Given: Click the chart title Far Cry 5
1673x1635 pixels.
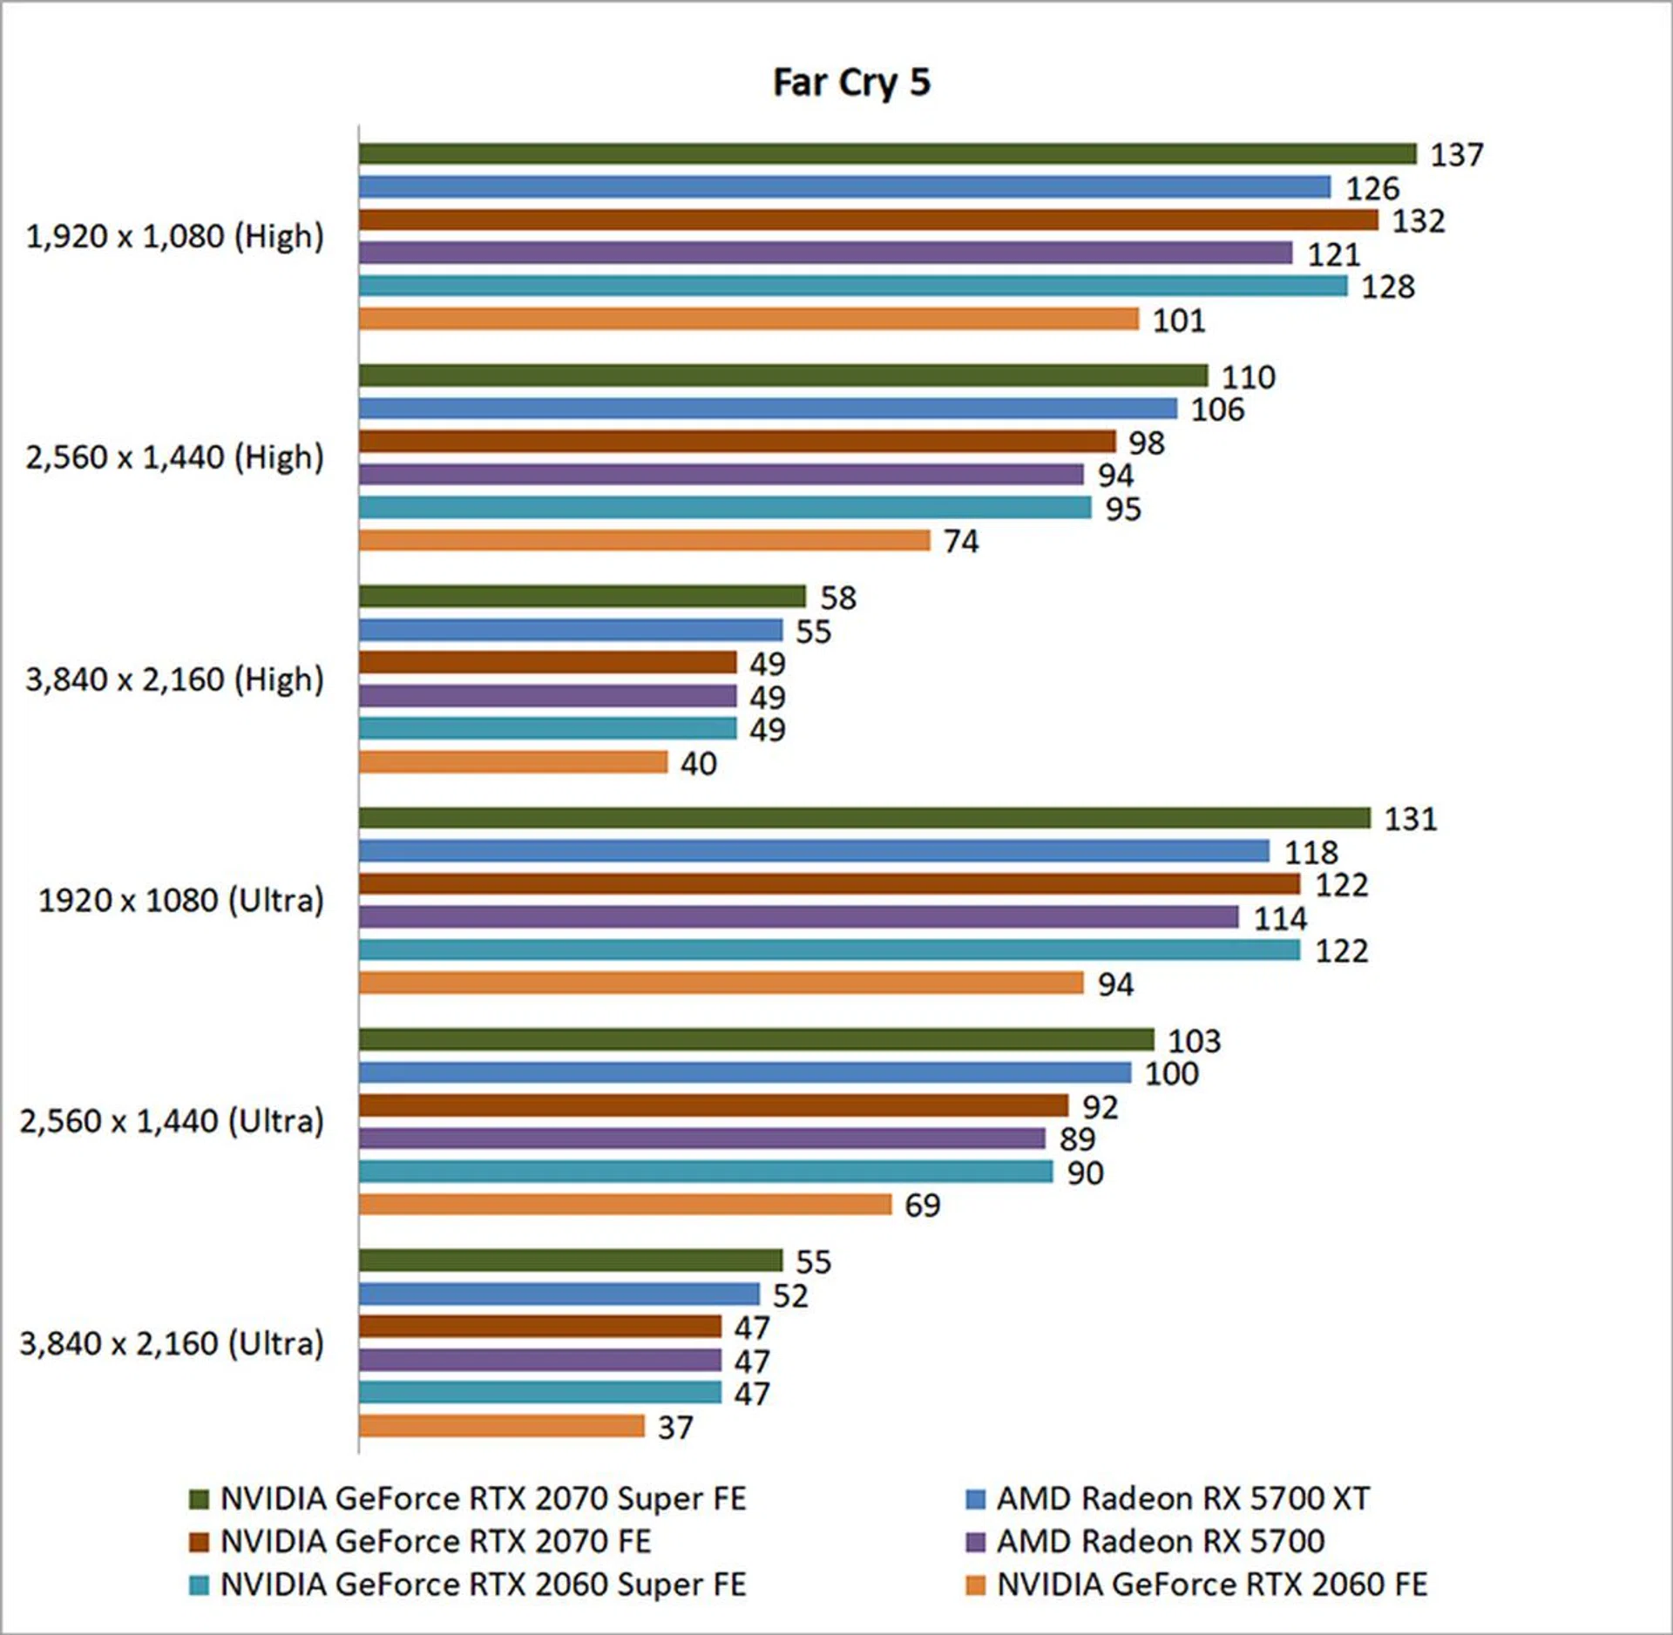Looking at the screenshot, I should pos(851,84).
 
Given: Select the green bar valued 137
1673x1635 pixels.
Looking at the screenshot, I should pos(887,154).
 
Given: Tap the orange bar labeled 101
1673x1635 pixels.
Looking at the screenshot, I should pos(748,319).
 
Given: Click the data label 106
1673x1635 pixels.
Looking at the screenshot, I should pos(1217,409).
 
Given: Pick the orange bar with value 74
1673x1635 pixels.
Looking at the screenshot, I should pos(644,540).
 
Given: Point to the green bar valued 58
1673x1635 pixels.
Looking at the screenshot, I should pos(582,597).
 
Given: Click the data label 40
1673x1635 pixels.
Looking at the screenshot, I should pos(698,764).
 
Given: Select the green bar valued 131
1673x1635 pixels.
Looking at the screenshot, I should pos(864,818).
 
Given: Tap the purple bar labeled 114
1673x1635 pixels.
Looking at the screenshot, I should pos(798,917).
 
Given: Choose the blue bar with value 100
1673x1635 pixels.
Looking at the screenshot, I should pos(745,1072).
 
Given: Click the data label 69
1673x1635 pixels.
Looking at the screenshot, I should pos(922,1206).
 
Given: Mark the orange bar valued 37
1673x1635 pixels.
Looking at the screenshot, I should pos(501,1426).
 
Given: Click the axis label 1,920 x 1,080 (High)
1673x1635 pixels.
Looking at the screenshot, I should pos(174,236).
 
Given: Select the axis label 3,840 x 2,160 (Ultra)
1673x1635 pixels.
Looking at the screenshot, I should pos(172,1343).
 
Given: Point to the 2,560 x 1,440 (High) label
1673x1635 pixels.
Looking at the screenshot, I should pos(174,457).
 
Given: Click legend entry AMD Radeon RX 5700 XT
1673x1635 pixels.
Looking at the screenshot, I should pos(1182,1498).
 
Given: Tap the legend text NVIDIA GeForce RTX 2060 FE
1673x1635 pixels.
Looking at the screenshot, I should pos(1211,1584).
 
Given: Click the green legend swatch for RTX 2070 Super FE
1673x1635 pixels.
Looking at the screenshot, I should pos(200,1499).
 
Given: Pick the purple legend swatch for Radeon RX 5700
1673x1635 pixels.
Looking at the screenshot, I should pos(976,1542).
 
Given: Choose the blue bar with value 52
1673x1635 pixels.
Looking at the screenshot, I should pos(559,1294).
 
